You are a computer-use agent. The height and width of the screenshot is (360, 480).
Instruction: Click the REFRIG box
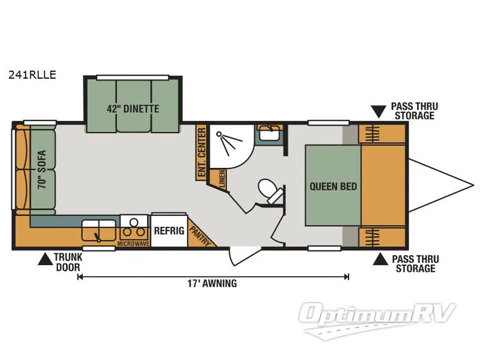168,230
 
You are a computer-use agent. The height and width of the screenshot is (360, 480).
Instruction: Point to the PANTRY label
199,235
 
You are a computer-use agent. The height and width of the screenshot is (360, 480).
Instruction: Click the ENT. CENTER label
201,153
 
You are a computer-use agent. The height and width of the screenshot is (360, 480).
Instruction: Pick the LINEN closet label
222,179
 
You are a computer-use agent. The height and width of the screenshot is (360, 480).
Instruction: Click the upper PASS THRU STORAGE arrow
378,111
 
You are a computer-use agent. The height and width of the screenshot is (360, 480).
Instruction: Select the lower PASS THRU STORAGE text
415,264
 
